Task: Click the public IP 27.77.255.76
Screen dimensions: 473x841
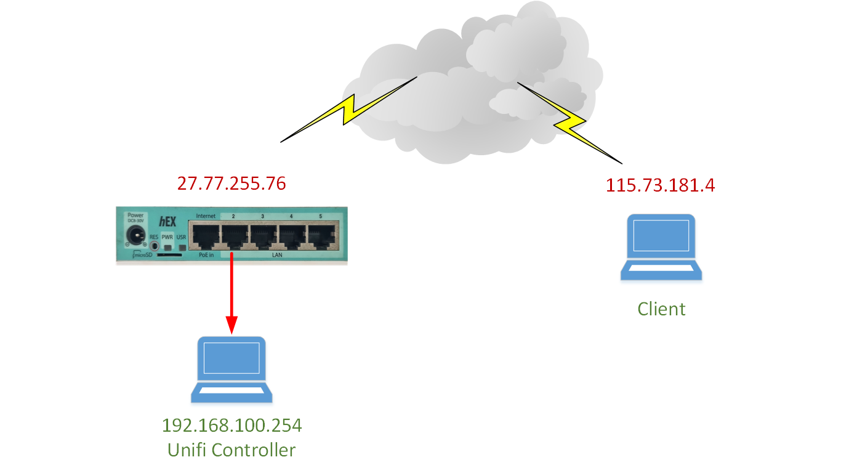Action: (x=231, y=184)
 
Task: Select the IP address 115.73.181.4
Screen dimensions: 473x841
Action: (x=661, y=185)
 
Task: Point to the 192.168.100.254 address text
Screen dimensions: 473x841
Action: (x=231, y=426)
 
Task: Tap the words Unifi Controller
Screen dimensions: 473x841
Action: (x=231, y=450)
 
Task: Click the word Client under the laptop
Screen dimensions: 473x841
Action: (x=661, y=309)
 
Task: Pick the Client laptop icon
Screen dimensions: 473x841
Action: (x=661, y=247)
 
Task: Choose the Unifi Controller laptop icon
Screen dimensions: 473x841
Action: (x=231, y=370)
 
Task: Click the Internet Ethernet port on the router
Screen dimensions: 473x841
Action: (x=205, y=235)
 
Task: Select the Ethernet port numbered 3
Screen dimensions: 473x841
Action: (x=264, y=235)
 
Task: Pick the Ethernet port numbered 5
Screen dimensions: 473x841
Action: (x=321, y=235)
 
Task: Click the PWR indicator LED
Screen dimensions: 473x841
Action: (x=167, y=248)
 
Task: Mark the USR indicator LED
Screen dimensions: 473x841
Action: (x=182, y=248)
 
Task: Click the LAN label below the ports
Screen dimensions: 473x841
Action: (x=277, y=255)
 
